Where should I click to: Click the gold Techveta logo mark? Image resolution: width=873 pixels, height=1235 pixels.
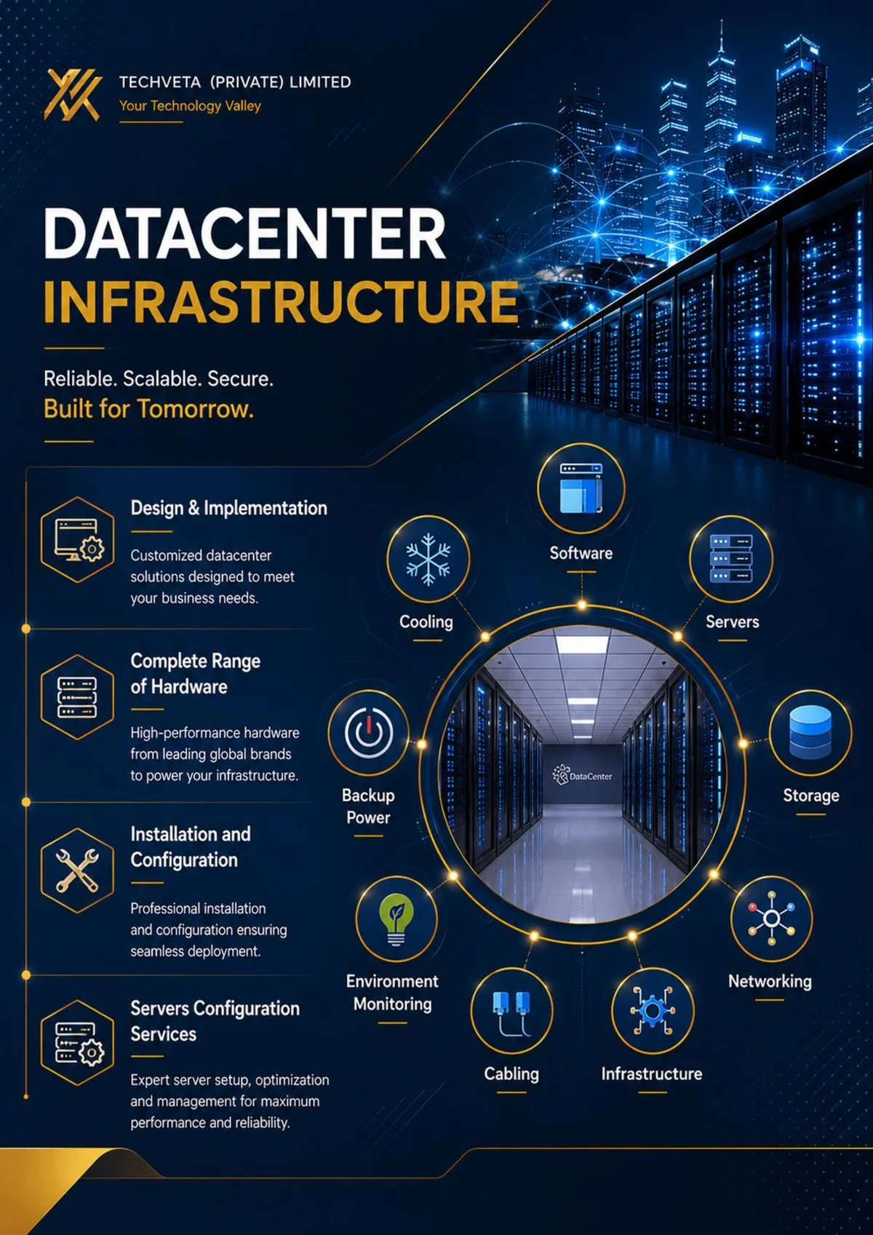pyautogui.click(x=73, y=95)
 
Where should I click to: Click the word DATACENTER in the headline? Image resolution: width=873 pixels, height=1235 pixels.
pyautogui.click(x=244, y=234)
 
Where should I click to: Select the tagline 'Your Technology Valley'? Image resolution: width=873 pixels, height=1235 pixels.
pyautogui.click(x=190, y=106)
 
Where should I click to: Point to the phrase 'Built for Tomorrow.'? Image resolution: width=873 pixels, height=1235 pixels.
pyautogui.click(x=149, y=408)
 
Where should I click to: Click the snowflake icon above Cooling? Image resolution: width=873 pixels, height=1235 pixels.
pyautogui.click(x=428, y=558)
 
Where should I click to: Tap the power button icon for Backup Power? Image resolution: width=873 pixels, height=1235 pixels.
pyautogui.click(x=369, y=732)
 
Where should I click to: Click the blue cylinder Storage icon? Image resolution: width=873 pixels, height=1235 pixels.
pyautogui.click(x=810, y=731)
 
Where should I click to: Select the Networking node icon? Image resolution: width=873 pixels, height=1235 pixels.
pyautogui.click(x=772, y=918)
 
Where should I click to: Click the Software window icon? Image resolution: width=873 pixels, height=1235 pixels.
pyautogui.click(x=581, y=488)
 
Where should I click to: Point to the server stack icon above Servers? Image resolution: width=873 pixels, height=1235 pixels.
pyautogui.click(x=731, y=558)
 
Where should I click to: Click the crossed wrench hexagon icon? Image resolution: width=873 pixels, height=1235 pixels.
pyautogui.click(x=77, y=870)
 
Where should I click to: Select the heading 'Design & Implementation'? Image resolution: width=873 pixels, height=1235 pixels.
pyautogui.click(x=228, y=508)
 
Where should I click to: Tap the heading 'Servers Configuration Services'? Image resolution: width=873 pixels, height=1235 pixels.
pyautogui.click(x=215, y=1021)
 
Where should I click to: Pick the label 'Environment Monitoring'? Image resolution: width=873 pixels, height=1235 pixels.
pyautogui.click(x=392, y=993)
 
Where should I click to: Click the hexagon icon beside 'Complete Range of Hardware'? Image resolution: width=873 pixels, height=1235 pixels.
pyautogui.click(x=77, y=697)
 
